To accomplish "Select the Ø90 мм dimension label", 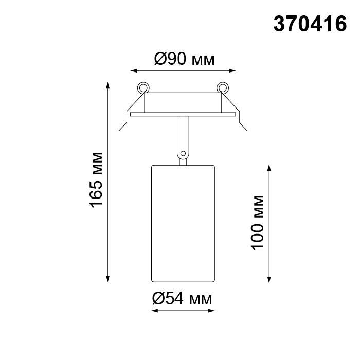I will click(x=184, y=60).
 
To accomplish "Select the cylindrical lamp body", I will click(x=183, y=223).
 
